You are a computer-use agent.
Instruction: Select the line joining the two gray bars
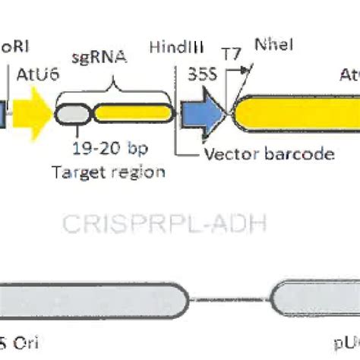click(229, 298)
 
